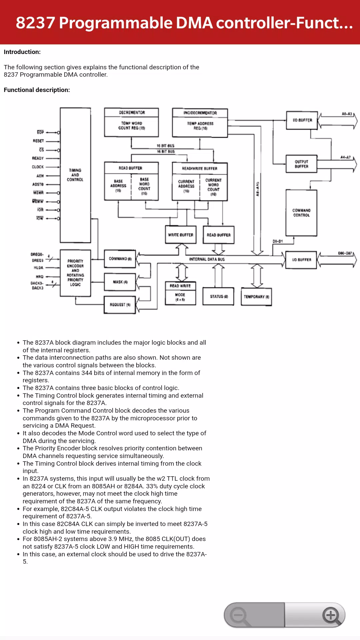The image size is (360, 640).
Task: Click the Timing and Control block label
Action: point(75,175)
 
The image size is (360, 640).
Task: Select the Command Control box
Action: point(301,213)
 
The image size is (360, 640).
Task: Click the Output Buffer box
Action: point(301,164)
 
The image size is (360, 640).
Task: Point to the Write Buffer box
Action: point(181,235)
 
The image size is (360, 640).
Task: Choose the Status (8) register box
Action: point(219,296)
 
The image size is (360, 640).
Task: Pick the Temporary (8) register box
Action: point(256,297)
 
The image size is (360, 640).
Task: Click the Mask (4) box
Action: point(120,282)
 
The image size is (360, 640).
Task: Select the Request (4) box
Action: point(120,305)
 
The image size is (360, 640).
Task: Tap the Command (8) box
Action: point(120,259)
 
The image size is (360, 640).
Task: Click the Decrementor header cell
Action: point(132,112)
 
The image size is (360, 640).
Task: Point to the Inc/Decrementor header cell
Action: point(200,113)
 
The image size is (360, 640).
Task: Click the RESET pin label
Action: point(38,141)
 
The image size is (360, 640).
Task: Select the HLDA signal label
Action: point(38,268)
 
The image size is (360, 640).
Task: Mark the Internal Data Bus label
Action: point(207,259)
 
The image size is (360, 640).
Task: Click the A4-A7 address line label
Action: point(345,157)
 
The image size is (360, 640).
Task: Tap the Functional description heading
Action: point(37,90)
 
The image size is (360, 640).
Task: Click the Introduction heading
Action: point(22,52)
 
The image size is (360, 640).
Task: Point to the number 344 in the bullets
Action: point(87,373)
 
